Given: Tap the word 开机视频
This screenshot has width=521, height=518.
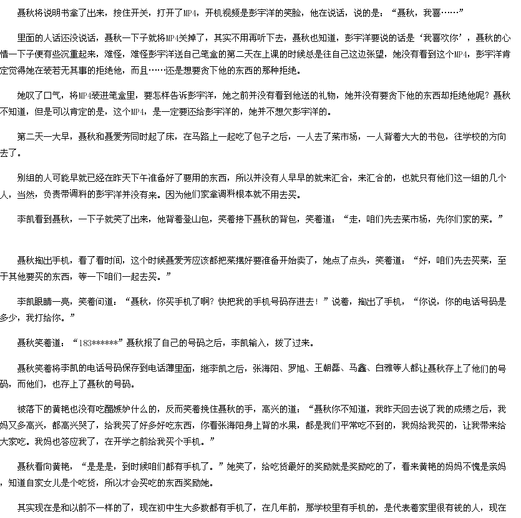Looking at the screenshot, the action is pos(222,13).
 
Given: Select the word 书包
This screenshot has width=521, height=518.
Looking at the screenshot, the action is pos(437,137).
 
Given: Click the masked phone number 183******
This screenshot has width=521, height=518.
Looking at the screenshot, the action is pos(98,343).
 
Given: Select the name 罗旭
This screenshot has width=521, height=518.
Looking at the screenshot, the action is pos(297,368).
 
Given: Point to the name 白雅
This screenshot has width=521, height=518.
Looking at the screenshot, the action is pos(384,368).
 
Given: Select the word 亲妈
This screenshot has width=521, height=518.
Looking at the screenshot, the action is pos(498,467).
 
